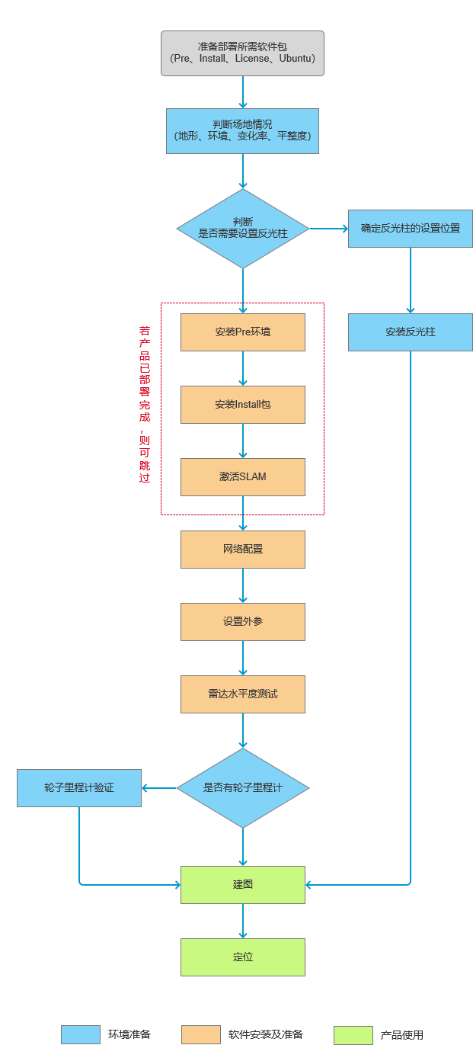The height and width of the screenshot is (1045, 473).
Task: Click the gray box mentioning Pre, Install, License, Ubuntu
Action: click(242, 53)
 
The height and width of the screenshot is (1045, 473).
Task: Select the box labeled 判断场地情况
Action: click(242, 131)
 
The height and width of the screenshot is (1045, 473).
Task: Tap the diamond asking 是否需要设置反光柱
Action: click(243, 229)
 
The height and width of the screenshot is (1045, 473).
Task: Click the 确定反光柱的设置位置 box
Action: click(411, 229)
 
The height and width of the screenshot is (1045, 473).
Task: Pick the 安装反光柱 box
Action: click(411, 332)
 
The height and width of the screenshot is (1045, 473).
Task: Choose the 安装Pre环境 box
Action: click(243, 332)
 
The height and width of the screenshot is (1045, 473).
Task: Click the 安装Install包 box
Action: click(243, 405)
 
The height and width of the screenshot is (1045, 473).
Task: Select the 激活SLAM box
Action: click(243, 477)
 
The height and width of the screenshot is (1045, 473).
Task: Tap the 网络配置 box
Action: click(243, 550)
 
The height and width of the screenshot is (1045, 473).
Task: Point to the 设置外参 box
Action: click(243, 622)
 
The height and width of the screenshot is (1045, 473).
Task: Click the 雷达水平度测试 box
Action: click(243, 694)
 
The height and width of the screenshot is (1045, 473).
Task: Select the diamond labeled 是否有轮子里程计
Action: click(243, 788)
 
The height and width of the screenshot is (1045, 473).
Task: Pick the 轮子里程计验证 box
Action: click(79, 788)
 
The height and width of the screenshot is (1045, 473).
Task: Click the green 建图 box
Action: click(243, 885)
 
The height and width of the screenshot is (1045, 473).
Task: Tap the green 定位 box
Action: click(243, 957)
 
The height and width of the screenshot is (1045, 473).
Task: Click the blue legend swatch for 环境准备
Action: click(81, 1035)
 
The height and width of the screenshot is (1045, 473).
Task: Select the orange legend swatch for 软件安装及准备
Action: click(201, 1035)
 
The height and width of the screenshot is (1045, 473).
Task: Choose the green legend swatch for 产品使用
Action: click(353, 1035)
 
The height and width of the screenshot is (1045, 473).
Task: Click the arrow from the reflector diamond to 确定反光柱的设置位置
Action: click(328, 229)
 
